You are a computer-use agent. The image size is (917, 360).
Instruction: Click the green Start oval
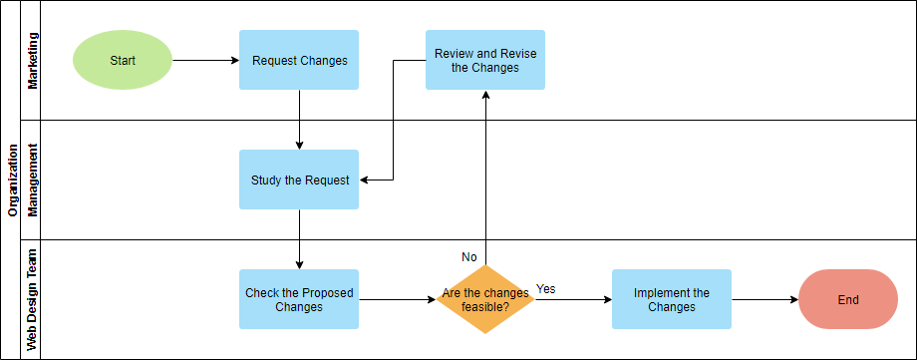[123, 60]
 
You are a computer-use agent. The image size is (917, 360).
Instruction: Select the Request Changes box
[299, 60]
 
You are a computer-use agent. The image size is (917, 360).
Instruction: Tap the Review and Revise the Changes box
[485, 60]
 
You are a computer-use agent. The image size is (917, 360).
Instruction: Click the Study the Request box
[299, 180]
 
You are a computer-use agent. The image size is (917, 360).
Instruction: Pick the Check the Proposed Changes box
[299, 299]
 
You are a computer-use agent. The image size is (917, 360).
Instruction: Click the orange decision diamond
[485, 299]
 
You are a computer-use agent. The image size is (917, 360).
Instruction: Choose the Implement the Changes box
[671, 299]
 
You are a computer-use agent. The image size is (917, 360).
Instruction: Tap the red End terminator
[848, 299]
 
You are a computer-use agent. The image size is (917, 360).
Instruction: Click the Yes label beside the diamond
[546, 289]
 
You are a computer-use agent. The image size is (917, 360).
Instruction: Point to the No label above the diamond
[469, 257]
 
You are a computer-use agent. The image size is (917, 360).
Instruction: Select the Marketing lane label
[34, 60]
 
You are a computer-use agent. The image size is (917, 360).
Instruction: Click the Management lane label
[34, 180]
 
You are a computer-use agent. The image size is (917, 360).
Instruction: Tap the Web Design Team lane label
[34, 299]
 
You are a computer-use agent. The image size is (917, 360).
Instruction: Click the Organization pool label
[13, 180]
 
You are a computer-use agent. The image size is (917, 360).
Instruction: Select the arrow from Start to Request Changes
[205, 60]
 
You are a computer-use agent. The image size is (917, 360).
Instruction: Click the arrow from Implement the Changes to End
[764, 299]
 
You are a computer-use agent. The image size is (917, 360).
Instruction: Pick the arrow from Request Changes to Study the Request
[299, 120]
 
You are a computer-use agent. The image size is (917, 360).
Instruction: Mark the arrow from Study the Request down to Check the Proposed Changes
[299, 239]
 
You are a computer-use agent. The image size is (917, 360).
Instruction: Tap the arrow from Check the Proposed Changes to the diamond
[397, 299]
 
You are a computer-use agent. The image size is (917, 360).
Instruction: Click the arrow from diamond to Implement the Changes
[573, 299]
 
